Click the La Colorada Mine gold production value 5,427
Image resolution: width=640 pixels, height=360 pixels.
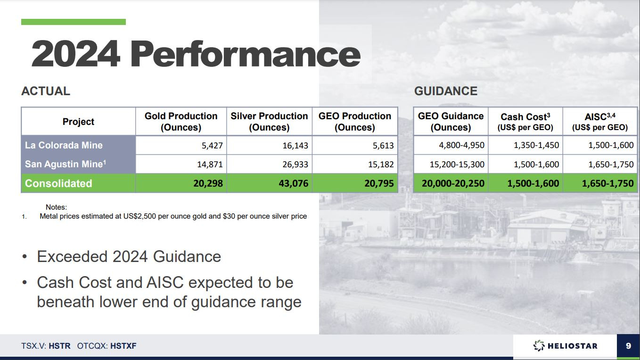point(212,146)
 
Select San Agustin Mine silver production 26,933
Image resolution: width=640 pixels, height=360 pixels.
point(295,164)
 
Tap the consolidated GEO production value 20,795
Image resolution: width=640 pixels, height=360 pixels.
point(379,183)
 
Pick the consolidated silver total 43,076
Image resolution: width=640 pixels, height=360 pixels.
point(294,183)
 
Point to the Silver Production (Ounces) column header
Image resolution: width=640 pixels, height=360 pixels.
point(269,122)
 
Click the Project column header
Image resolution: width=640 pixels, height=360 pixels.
point(78,122)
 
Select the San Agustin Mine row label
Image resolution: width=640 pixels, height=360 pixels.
point(66,164)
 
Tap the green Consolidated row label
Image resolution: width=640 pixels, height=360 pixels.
point(58,183)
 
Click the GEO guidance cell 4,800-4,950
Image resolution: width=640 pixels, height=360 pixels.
point(462,145)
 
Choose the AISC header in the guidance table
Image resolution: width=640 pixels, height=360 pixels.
point(600,122)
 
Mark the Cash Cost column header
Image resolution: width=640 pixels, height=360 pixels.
point(525,122)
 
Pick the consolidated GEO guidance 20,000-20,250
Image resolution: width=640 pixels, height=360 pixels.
point(453,183)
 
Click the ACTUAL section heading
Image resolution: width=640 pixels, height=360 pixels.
point(46,91)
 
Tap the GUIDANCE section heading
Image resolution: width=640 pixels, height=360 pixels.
point(446,91)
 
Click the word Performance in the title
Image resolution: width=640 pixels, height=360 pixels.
point(246,54)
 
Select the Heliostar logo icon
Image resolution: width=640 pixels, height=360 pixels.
point(539,345)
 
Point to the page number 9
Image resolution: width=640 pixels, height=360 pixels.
point(628,346)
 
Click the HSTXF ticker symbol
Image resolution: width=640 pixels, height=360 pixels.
point(123,346)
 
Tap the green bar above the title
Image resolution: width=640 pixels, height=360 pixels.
point(74,22)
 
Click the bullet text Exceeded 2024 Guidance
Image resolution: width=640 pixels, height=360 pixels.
point(129,256)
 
